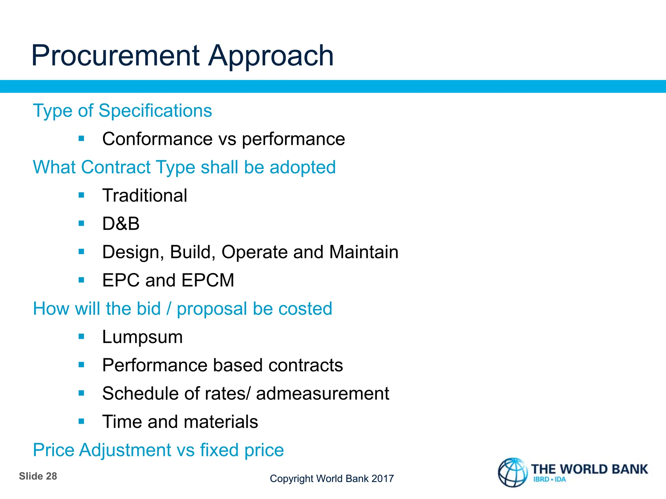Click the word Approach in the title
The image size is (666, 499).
tap(271, 57)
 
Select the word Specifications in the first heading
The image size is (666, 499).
tap(155, 111)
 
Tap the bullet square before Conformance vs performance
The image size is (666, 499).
tap(81, 139)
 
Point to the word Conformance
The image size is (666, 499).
tap(157, 139)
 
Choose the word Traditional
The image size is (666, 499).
tap(145, 196)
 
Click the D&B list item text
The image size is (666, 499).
tap(121, 224)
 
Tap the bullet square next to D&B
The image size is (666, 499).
tap(81, 224)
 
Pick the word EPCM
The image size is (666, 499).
tap(208, 280)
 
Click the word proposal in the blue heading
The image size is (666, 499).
tap(212, 309)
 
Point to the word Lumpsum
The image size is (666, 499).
tap(142, 337)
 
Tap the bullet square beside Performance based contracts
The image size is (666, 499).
tap(81, 365)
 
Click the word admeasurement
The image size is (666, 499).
tap(323, 394)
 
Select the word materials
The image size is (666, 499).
tap(221, 422)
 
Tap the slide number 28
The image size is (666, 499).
tap(51, 476)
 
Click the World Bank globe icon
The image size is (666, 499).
tap(513, 472)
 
